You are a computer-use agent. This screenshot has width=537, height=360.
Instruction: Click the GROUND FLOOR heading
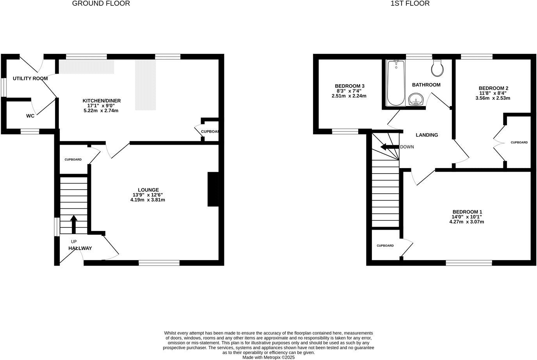coord(101,4)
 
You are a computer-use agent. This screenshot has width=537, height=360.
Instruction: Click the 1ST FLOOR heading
coord(410,4)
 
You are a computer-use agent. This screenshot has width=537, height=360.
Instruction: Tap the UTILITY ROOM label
coord(30,78)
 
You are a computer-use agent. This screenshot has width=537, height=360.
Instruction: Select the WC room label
coord(30,116)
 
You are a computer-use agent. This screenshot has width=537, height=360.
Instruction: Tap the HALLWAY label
coord(80,248)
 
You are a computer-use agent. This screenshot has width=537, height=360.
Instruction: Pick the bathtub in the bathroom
coord(395,83)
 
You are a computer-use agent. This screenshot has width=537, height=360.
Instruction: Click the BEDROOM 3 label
coord(349,86)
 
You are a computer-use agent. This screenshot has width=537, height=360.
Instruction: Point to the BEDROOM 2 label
coord(493,88)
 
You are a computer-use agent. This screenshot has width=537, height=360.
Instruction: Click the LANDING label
coord(427,135)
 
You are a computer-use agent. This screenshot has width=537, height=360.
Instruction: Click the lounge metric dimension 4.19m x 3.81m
coord(148,200)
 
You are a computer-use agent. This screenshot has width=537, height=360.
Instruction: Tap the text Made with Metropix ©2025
coord(268,357)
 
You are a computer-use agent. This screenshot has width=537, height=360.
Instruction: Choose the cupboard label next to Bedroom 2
coord(519,142)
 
